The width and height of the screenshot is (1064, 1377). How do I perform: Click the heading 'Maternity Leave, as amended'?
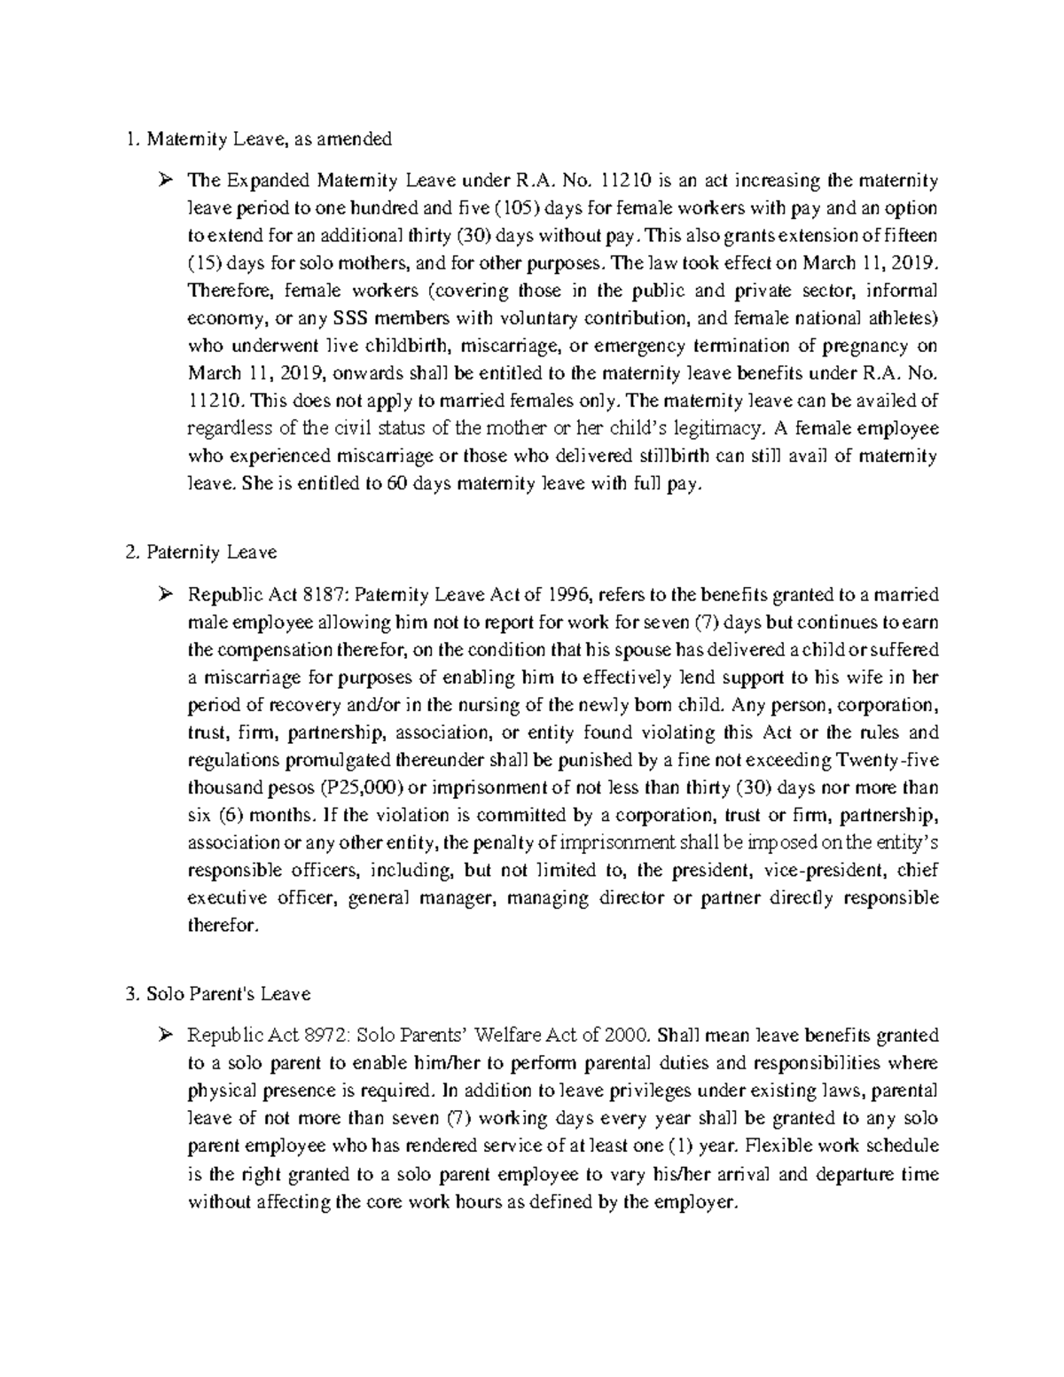click(269, 138)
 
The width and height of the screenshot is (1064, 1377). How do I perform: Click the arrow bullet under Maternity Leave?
click(164, 182)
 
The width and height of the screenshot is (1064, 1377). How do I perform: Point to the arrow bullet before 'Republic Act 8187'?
click(164, 595)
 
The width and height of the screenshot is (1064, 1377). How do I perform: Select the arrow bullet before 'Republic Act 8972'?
click(164, 1036)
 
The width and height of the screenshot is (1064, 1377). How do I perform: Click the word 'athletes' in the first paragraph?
click(900, 318)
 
